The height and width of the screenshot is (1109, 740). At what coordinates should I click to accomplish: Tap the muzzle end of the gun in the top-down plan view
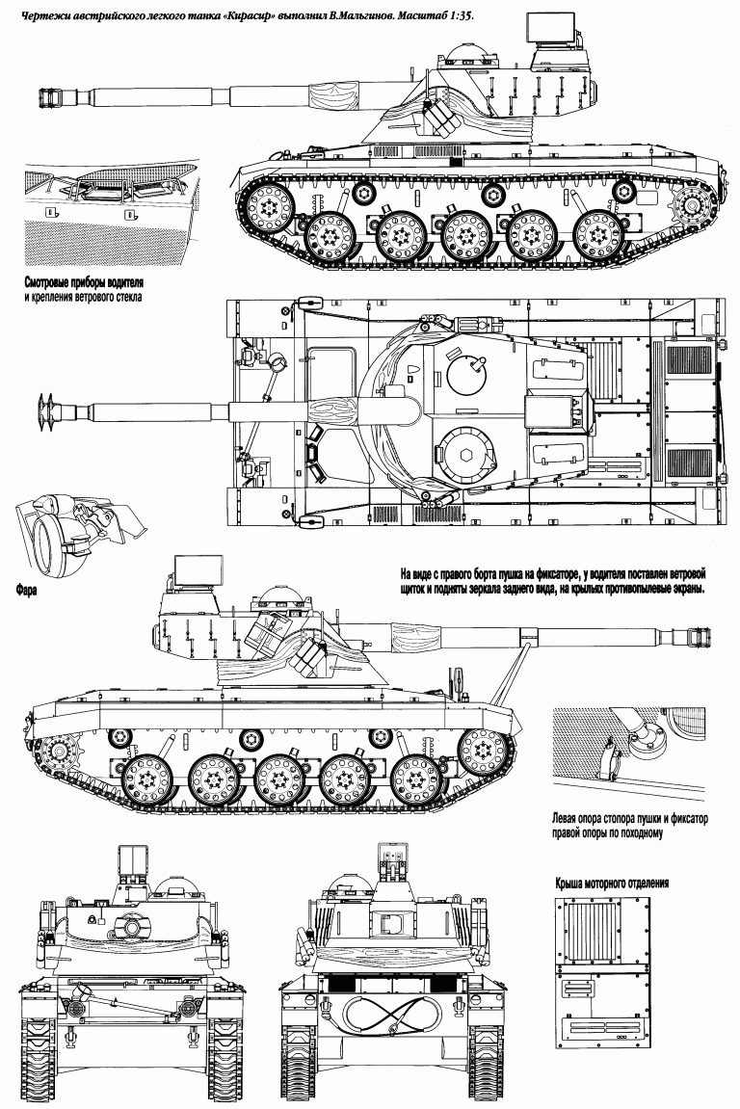tap(42, 411)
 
